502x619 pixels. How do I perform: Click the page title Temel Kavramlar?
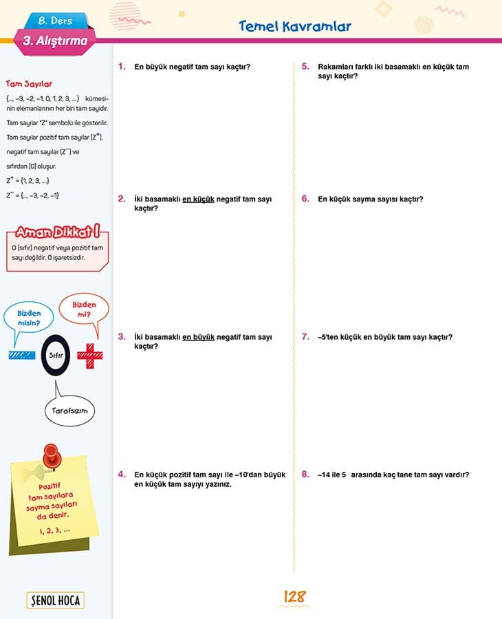click(294, 27)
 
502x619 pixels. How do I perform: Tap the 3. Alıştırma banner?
click(55, 41)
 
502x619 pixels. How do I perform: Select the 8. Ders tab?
click(56, 21)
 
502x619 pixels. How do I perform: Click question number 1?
click(122, 67)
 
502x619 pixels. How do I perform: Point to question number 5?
click(305, 67)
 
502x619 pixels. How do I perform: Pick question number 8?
click(305, 475)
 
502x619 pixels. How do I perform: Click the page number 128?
click(294, 597)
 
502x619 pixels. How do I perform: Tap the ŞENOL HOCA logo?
click(55, 600)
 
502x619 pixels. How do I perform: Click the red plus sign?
click(89, 356)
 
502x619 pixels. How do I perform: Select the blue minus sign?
click(22, 356)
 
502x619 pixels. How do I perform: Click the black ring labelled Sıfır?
click(56, 356)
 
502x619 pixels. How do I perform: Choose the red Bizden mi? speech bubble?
click(84, 309)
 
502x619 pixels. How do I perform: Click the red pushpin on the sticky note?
click(50, 455)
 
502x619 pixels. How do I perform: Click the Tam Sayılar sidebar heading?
click(29, 84)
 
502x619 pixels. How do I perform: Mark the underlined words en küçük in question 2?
click(199, 199)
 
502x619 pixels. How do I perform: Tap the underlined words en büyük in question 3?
click(199, 337)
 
